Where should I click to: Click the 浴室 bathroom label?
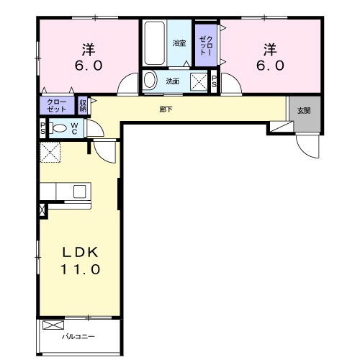pyautogui.click(x=179, y=43)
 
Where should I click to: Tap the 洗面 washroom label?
pyautogui.click(x=173, y=81)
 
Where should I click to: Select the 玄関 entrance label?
pyautogui.click(x=304, y=111)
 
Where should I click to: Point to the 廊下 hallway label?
pyautogui.click(x=166, y=109)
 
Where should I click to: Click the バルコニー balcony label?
pyautogui.click(x=78, y=337)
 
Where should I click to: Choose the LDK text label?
pyautogui.click(x=81, y=252)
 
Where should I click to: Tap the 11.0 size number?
pyautogui.click(x=80, y=269)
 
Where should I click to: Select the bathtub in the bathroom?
pyautogui.click(x=154, y=43)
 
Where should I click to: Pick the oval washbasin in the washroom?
pyautogui.click(x=150, y=80)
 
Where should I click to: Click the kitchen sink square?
pyautogui.click(x=80, y=192)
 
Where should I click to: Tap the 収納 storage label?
pyautogui.click(x=83, y=106)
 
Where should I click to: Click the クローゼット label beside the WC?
pyautogui.click(x=57, y=106)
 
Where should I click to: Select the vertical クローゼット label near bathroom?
pyautogui.click(x=206, y=45)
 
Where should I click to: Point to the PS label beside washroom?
pyautogui.click(x=214, y=81)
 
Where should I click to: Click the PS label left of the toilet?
pyautogui.click(x=42, y=128)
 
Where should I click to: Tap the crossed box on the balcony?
pyautogui.click(x=53, y=325)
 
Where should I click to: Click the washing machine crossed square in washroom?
pyautogui.click(x=199, y=82)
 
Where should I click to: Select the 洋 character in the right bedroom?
pyautogui.click(x=270, y=50)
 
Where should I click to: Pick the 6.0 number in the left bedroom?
pyautogui.click(x=89, y=66)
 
